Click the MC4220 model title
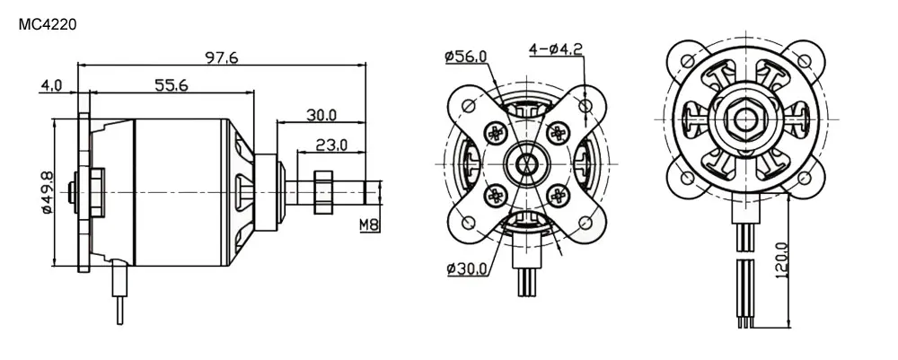coord(47,26)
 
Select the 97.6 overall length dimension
coord(222,57)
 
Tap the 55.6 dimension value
coord(171,85)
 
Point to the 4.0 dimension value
coord(50,86)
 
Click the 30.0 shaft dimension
coord(321,114)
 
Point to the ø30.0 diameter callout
coord(466,268)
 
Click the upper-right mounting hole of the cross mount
coord(585,106)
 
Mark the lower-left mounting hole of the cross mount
coord(465,222)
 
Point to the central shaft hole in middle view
coord(525,163)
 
